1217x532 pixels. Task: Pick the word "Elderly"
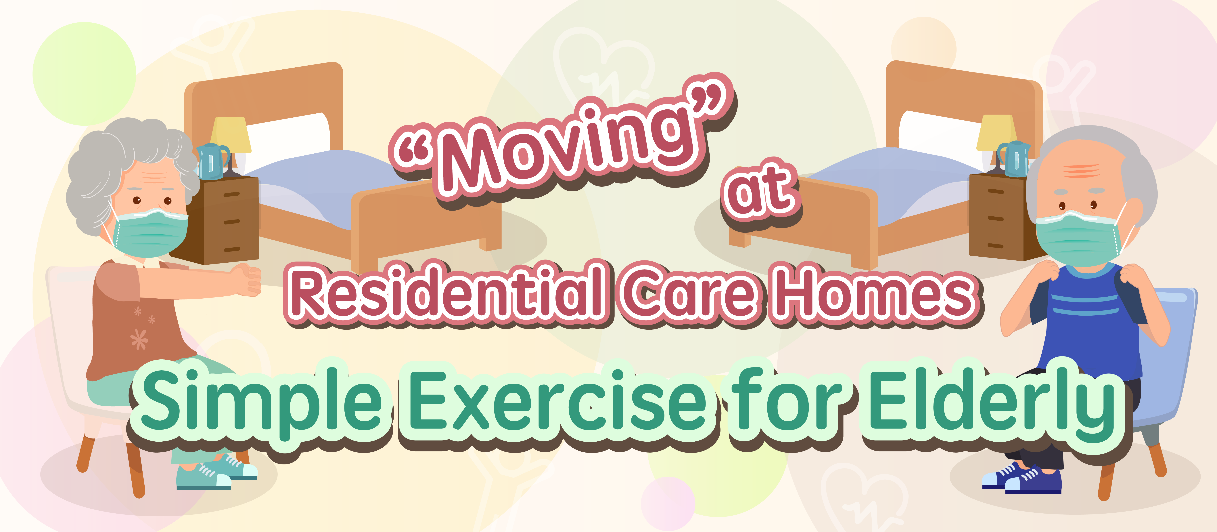click(994, 402)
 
